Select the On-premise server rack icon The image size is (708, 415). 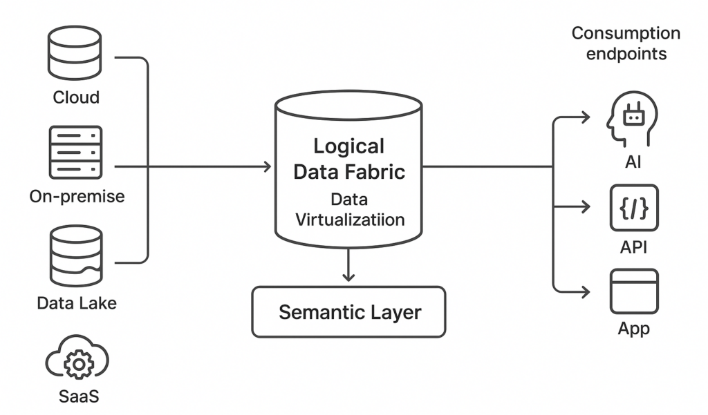75,152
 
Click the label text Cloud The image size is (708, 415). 76,97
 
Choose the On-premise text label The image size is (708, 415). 77,196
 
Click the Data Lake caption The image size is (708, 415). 77,302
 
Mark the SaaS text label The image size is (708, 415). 77,398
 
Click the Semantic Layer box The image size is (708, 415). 348,312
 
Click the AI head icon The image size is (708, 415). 631,120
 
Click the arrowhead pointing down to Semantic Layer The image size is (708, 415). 348,276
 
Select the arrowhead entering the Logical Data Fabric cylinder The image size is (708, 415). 265,166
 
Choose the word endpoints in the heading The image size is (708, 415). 626,54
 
